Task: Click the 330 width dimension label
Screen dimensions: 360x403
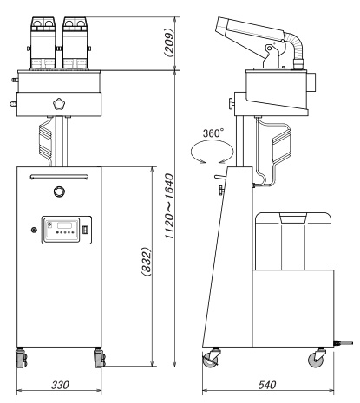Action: pyautogui.click(x=60, y=385)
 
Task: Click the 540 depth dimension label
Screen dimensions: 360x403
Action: pyautogui.click(x=267, y=385)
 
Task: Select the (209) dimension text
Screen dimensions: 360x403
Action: pyautogui.click(x=169, y=42)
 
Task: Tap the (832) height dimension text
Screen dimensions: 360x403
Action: pyautogui.click(x=147, y=262)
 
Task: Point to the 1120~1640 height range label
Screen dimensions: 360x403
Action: pyautogui.click(x=169, y=206)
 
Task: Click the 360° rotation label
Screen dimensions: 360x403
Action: pyautogui.click(x=213, y=133)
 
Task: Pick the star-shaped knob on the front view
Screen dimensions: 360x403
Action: pyautogui.click(x=59, y=104)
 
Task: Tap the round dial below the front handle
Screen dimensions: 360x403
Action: pyautogui.click(x=59, y=192)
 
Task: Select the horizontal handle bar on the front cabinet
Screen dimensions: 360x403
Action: pyautogui.click(x=59, y=177)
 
